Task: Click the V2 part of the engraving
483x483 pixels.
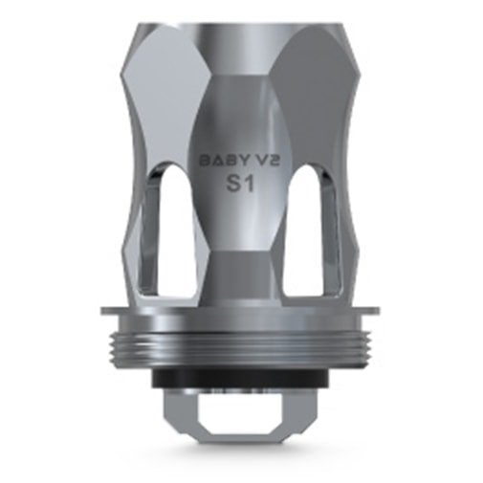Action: [x=261, y=162]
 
